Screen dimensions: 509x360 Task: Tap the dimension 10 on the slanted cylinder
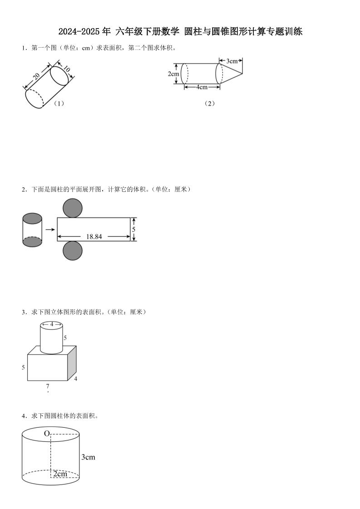(66, 70)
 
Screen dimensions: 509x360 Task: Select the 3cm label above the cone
(232, 60)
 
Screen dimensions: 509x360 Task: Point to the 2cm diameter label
(173, 74)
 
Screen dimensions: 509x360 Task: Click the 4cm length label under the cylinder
(202, 87)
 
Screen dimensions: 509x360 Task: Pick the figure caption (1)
(59, 103)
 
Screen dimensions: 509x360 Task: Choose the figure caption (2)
(209, 103)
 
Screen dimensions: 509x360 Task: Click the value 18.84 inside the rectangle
(94, 236)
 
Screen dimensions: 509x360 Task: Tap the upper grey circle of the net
(73, 208)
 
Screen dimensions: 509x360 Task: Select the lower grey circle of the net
(73, 251)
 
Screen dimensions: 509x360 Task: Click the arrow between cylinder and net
(50, 230)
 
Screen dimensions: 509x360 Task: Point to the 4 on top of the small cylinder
(52, 324)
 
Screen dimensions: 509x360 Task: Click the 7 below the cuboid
(47, 387)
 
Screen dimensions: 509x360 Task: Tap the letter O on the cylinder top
(47, 434)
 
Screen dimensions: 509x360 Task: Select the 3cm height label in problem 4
(88, 457)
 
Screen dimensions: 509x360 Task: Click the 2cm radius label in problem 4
(60, 474)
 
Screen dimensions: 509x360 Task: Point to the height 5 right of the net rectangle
(133, 230)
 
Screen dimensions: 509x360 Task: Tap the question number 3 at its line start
(23, 312)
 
